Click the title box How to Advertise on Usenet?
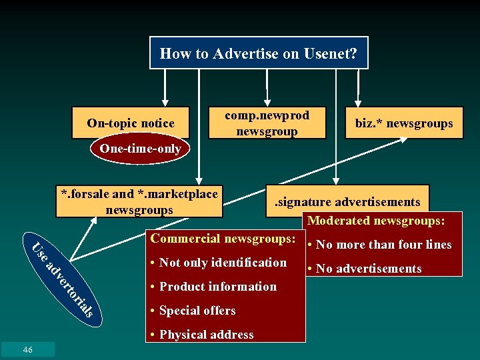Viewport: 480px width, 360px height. click(258, 53)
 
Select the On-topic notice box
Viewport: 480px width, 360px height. click(131, 123)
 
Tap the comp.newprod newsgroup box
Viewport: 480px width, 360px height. click(267, 123)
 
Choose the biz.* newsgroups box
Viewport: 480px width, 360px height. click(404, 123)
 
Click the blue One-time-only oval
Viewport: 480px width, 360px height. click(140, 149)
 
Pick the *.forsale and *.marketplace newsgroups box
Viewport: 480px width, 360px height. click(139, 201)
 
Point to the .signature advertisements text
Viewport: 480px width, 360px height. click(348, 201)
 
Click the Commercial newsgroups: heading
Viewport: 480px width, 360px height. click(223, 239)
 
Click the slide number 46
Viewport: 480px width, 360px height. click(27, 349)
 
